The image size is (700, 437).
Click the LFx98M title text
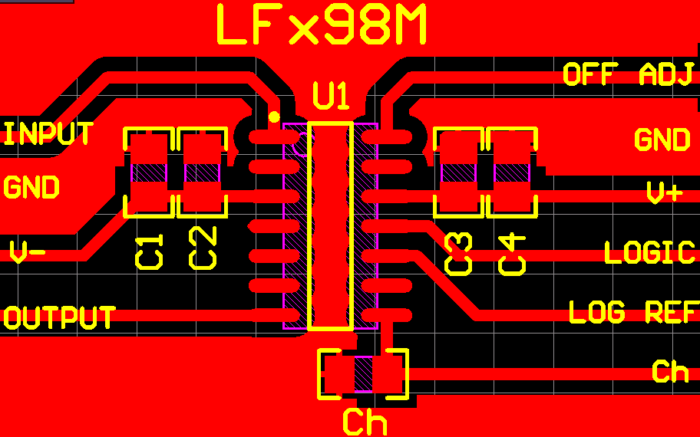[x=322, y=25]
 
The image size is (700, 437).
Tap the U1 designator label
[x=332, y=97]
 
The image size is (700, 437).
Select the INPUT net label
[x=49, y=134]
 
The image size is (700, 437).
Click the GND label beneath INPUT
[x=31, y=187]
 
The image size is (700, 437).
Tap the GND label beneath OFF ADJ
[x=662, y=140]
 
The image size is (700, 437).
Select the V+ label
[x=665, y=193]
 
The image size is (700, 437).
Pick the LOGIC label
[x=649, y=253]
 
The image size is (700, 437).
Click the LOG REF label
[x=633, y=312]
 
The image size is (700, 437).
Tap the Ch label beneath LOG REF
[x=670, y=371]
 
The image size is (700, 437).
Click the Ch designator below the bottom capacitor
[x=364, y=422]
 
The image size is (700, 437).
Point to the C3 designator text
[x=459, y=255]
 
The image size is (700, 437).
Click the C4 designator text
[x=512, y=255]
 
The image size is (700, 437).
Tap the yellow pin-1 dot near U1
[x=274, y=117]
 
